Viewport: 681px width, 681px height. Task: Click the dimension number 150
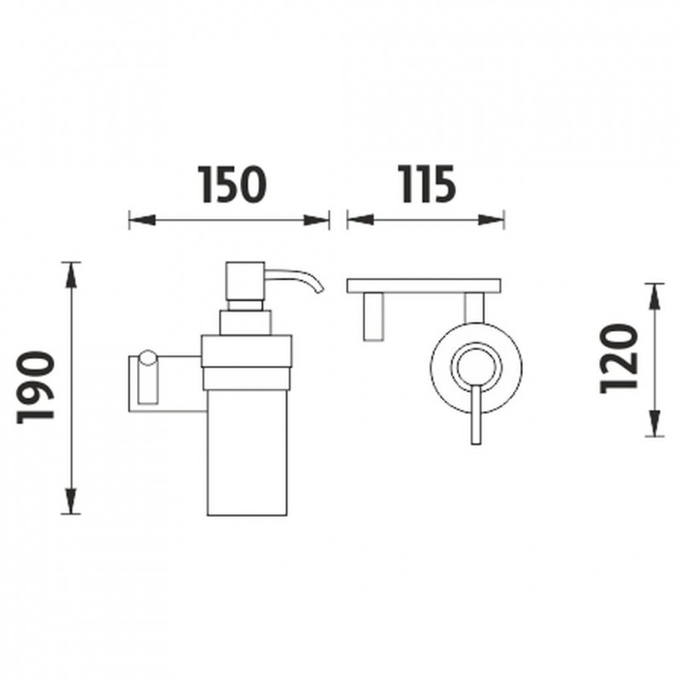click(x=232, y=184)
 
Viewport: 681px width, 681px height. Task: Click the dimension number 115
click(x=427, y=184)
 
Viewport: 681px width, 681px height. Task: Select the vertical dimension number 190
click(x=35, y=387)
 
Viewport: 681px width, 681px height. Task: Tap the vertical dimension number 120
click(x=619, y=358)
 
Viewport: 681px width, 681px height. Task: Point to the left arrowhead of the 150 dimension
click(x=142, y=220)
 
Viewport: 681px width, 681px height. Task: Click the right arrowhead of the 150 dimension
click(x=316, y=220)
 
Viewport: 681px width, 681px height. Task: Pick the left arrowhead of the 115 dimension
click(x=360, y=220)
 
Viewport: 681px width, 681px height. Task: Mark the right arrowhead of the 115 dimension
click(x=491, y=220)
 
